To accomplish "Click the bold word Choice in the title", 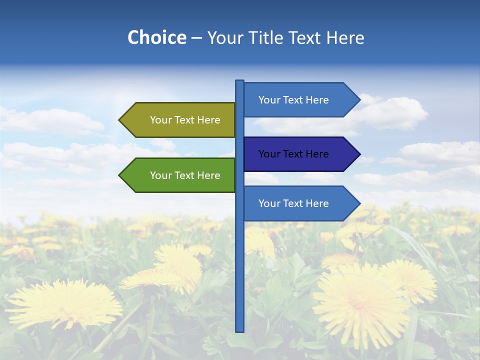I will [x=156, y=37].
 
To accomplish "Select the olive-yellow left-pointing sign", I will [x=180, y=120].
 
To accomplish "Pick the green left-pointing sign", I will [x=180, y=175].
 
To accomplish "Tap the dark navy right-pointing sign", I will [x=297, y=154].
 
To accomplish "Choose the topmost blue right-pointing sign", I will [x=297, y=100].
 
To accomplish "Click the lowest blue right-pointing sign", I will [x=297, y=203].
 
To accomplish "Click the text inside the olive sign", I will [x=185, y=120].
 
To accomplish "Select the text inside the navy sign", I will [x=293, y=154].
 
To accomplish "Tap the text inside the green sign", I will [x=185, y=175].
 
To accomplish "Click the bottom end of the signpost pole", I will [x=240, y=329].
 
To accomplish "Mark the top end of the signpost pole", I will [x=240, y=82].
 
